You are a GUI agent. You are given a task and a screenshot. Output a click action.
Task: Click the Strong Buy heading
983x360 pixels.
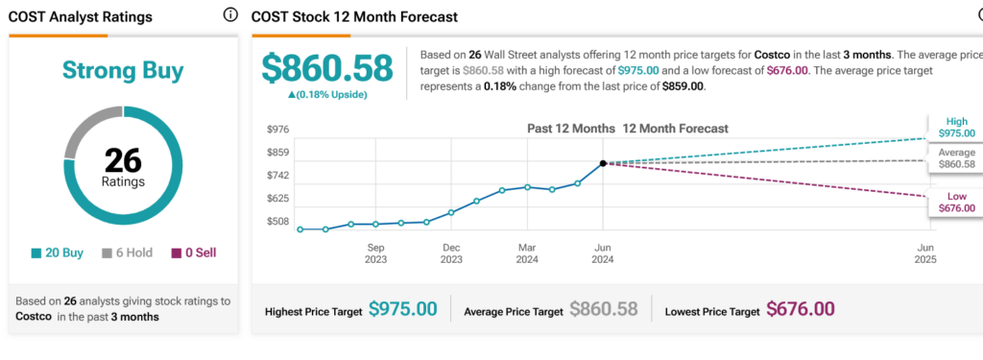(x=123, y=70)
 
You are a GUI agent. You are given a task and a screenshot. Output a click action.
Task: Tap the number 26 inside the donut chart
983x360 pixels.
(x=123, y=162)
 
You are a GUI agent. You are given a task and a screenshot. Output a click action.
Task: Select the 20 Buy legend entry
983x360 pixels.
(x=57, y=252)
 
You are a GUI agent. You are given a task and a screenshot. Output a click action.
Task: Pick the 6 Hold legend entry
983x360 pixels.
(x=128, y=252)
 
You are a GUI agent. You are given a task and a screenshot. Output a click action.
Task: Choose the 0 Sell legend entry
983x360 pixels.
(x=194, y=252)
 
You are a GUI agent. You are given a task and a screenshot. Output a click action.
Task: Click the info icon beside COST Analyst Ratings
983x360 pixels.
(x=230, y=15)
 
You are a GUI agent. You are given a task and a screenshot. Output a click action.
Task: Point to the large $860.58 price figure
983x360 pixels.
(x=327, y=68)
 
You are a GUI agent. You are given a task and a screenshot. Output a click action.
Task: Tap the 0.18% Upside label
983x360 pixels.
(x=327, y=95)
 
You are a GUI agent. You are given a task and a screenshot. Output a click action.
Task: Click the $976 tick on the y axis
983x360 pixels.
(x=276, y=130)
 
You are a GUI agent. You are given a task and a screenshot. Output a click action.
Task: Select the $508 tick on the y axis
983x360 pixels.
(x=276, y=222)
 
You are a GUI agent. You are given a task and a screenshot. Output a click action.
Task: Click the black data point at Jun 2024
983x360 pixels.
(x=603, y=163)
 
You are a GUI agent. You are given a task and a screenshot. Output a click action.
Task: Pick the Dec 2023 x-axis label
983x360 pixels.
(x=451, y=253)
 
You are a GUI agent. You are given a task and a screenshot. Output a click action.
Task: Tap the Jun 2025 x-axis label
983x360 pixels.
(x=926, y=253)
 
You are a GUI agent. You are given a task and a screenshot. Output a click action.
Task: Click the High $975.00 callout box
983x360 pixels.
(x=956, y=128)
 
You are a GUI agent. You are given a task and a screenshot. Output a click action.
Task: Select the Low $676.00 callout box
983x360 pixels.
(x=956, y=203)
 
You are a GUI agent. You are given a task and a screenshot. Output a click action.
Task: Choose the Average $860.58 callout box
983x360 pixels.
(x=956, y=158)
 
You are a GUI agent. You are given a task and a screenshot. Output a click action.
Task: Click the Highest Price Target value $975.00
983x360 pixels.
(x=402, y=309)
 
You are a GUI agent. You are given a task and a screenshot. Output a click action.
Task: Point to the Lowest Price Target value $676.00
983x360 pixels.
(x=801, y=309)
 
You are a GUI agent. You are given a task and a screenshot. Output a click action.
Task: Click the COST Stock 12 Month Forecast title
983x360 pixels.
(x=355, y=17)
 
